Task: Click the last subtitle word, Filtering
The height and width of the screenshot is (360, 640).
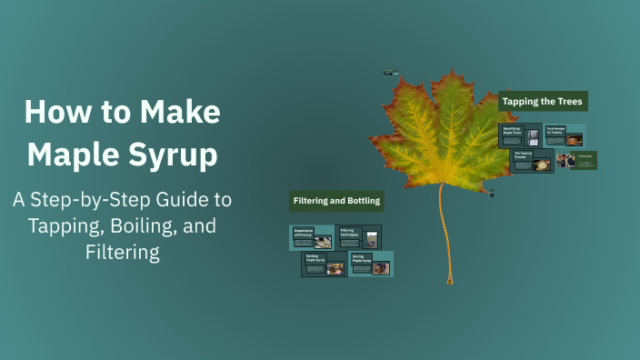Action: tap(123, 252)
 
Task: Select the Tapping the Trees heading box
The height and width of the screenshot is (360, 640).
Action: tap(543, 101)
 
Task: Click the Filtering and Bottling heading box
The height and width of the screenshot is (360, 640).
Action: tap(335, 200)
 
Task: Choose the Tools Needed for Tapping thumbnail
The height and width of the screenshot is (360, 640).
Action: tap(565, 135)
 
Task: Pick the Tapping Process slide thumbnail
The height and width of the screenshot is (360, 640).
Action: tap(532, 161)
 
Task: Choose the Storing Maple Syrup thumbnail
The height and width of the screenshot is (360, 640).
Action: tap(371, 264)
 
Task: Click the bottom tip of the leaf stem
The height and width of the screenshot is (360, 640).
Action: tap(449, 282)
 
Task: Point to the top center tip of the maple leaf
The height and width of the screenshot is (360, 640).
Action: tap(449, 72)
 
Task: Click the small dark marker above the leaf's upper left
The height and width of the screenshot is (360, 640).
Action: tap(390, 73)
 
